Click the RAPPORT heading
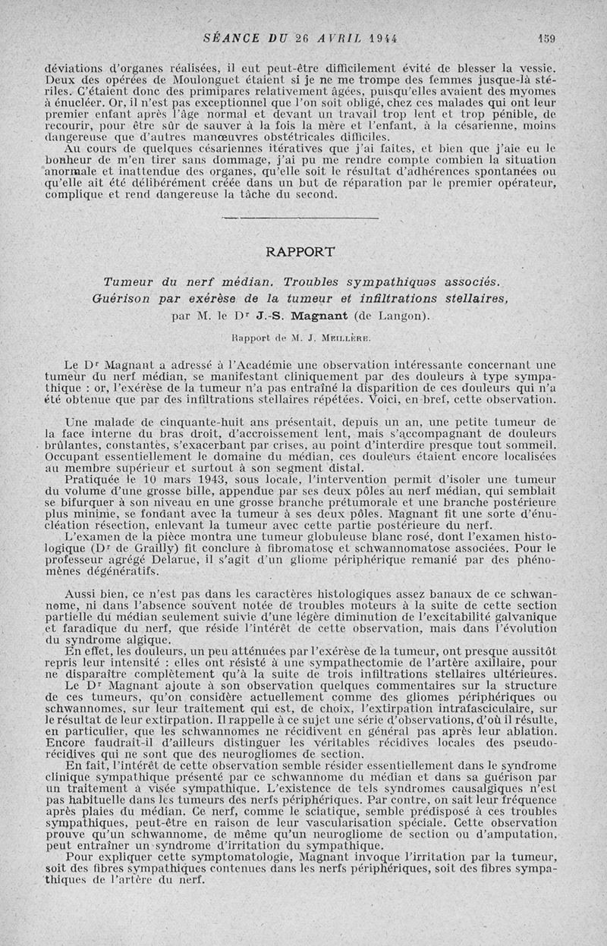(x=303, y=250)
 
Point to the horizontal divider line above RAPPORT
(x=302, y=219)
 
